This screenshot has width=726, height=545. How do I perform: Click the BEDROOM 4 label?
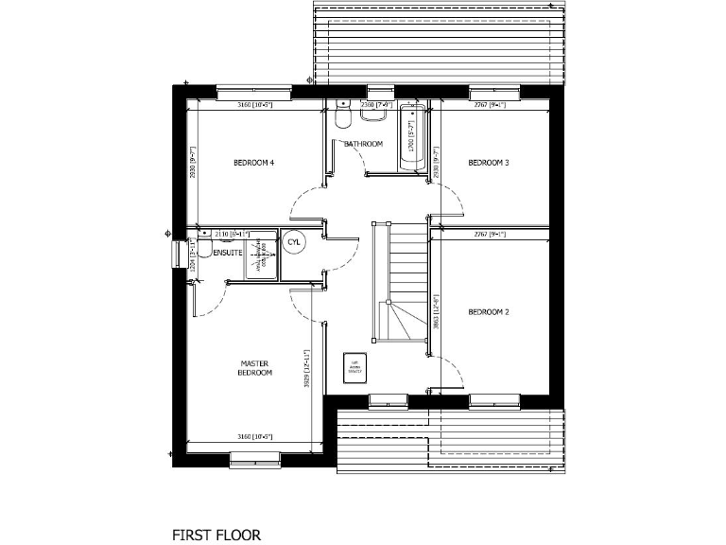(x=253, y=163)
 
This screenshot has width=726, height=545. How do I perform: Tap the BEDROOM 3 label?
(x=489, y=163)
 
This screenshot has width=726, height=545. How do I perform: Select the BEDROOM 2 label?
(x=489, y=311)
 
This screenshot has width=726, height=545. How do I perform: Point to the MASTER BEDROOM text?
(x=255, y=368)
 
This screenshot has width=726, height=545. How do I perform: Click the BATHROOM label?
(x=363, y=144)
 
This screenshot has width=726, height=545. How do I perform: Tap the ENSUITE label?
(x=227, y=254)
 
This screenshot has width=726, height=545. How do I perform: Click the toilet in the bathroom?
(x=342, y=115)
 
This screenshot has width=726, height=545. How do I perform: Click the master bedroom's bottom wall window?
(x=255, y=459)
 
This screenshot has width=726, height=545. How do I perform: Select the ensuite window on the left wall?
(x=176, y=254)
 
